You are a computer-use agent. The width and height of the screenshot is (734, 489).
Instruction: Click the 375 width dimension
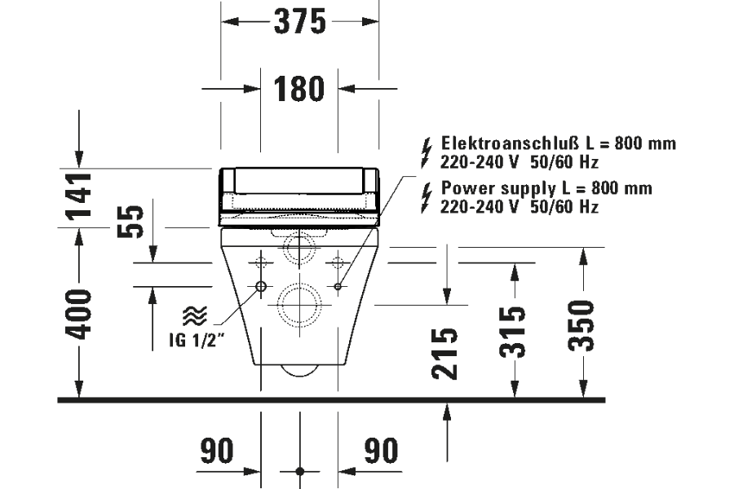click(299, 21)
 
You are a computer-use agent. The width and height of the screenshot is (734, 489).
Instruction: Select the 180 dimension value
click(298, 89)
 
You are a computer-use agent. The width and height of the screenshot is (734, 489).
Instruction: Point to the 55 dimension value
click(130, 222)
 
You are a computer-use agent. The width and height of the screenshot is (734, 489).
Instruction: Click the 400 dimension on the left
click(78, 314)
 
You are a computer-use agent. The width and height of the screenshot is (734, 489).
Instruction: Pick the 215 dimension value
click(444, 353)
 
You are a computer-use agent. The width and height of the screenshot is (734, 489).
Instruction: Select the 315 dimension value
click(512, 332)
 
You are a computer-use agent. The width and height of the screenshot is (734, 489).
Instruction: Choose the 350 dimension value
click(581, 325)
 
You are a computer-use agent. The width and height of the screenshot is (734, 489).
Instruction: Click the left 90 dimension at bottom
click(217, 451)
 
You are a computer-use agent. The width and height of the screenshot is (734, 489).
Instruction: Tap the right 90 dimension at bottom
click(382, 451)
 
